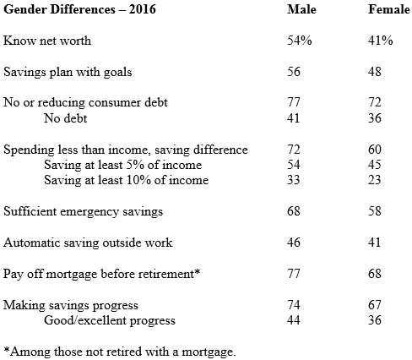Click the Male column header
click(301, 9)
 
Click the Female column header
click(389, 9)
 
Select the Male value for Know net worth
click(300, 41)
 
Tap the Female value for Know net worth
click(381, 41)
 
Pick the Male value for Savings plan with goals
click(294, 72)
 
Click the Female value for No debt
click(375, 118)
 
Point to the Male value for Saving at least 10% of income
click(294, 180)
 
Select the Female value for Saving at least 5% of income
click(375, 165)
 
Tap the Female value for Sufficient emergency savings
click(375, 211)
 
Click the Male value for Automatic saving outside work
click(294, 243)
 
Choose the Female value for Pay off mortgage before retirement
click(375, 274)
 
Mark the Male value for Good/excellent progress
click(294, 320)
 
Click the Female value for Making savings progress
click(375, 305)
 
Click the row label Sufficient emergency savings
click(84, 211)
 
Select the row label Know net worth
click(47, 41)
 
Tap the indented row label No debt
click(66, 118)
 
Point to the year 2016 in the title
click(143, 9)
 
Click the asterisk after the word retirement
click(197, 271)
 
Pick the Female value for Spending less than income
click(375, 150)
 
